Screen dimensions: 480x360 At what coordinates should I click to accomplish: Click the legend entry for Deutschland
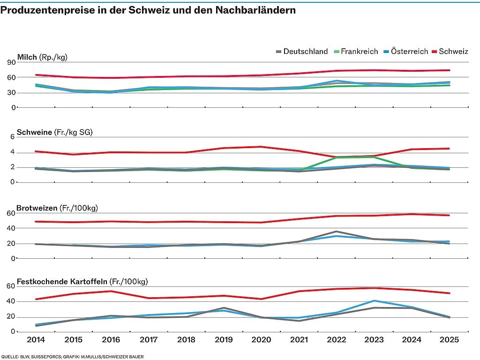pyautogui.click(x=302, y=52)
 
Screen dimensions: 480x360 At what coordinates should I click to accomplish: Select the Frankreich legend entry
pyautogui.click(x=356, y=52)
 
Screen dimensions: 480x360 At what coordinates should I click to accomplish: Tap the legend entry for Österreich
pyautogui.click(x=405, y=52)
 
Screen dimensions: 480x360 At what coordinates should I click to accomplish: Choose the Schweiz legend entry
pyautogui.click(x=450, y=52)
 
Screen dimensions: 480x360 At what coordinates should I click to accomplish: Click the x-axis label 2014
pyautogui.click(x=36, y=339)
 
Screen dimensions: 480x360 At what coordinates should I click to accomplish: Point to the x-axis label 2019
pyautogui.click(x=224, y=339)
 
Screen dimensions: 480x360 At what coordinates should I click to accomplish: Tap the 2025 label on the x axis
pyautogui.click(x=450, y=339)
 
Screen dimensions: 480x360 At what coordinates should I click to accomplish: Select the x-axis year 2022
pyautogui.click(x=337, y=339)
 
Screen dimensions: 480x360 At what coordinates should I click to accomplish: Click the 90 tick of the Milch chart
pyautogui.click(x=11, y=62)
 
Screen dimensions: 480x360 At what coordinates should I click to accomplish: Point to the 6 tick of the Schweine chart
pyautogui.click(x=13, y=137)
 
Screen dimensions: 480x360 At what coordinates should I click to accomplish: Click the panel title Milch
pyautogui.click(x=27, y=57)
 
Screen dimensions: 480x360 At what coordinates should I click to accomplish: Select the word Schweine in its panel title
pyautogui.click(x=34, y=132)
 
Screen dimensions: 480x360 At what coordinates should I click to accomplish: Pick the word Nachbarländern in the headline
pyautogui.click(x=255, y=10)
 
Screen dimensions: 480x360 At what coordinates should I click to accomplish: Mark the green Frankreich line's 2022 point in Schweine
pyautogui.click(x=337, y=157)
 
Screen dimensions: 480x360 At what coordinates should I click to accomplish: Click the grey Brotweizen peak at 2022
pyautogui.click(x=337, y=232)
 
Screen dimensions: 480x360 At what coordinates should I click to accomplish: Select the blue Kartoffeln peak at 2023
pyautogui.click(x=374, y=301)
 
